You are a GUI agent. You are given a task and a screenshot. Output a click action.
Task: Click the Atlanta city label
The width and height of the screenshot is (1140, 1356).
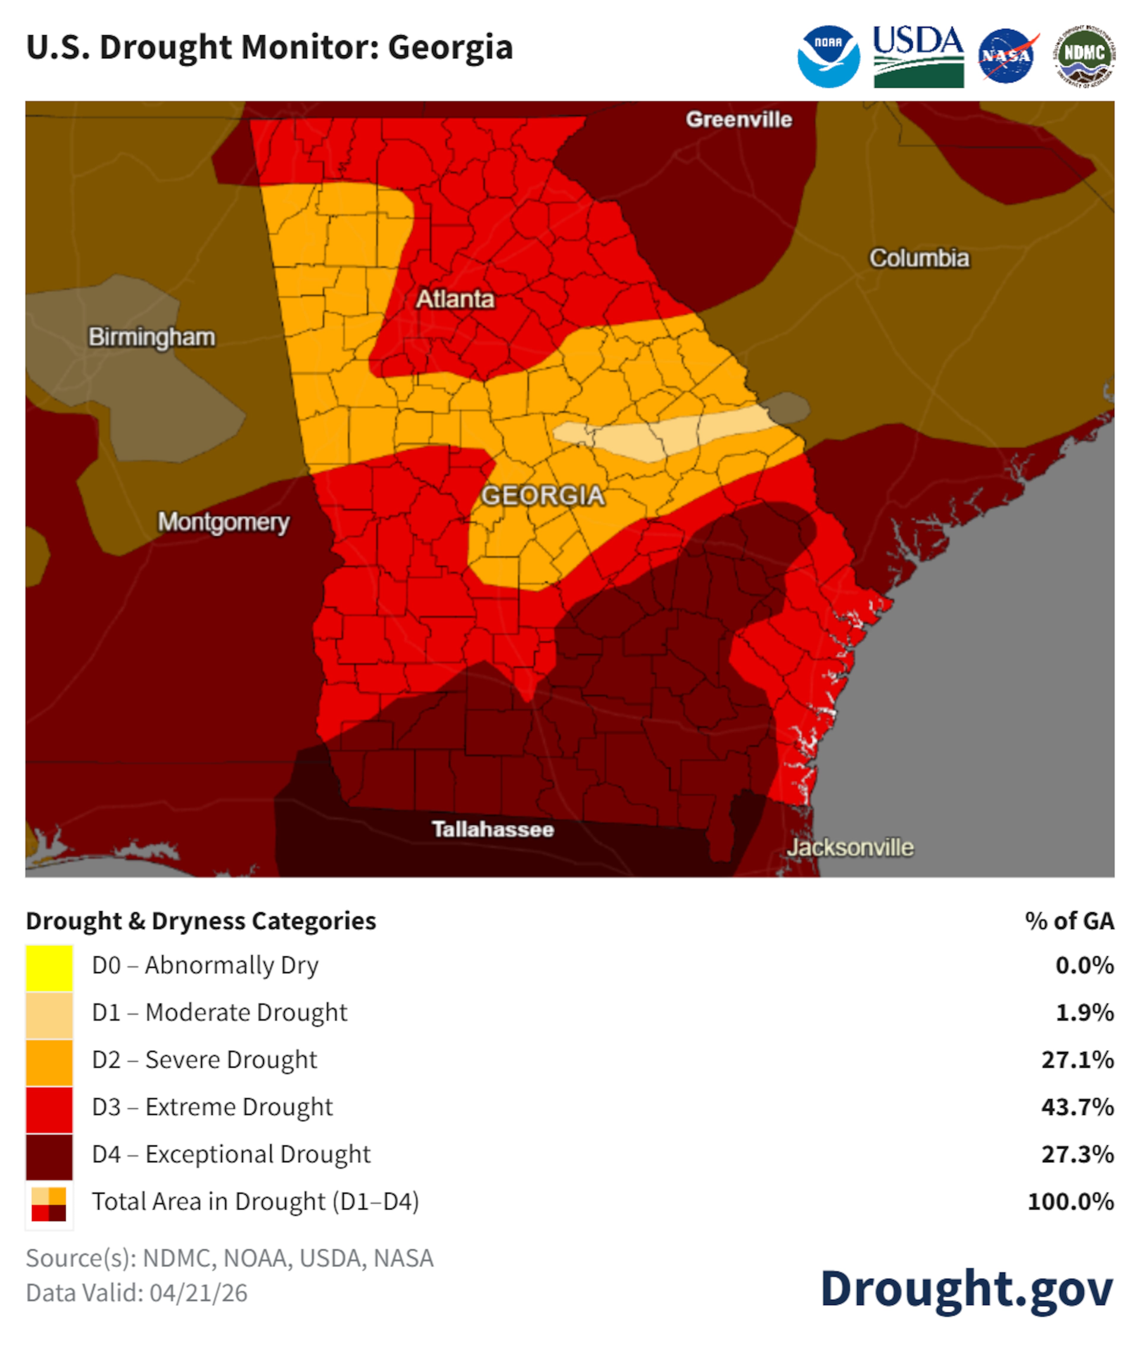455,299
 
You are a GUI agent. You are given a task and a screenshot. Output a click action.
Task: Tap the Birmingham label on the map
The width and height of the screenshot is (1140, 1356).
152,337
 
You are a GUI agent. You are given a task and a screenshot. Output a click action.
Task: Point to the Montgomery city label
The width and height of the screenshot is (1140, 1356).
224,522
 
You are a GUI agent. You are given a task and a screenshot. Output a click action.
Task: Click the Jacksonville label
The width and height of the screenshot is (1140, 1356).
850,848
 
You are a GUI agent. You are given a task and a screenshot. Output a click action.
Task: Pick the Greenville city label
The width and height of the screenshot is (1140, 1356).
739,120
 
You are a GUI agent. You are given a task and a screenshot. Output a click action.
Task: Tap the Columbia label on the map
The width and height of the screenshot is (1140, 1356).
919,259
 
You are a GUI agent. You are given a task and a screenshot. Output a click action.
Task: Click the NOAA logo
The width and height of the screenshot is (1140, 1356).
829,57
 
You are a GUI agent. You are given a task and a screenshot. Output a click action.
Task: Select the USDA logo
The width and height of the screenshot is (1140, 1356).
918,57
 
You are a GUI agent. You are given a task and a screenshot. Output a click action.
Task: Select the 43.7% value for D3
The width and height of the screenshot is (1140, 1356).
1077,1107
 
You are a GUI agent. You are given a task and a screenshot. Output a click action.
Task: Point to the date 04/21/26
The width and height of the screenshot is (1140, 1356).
198,1293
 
